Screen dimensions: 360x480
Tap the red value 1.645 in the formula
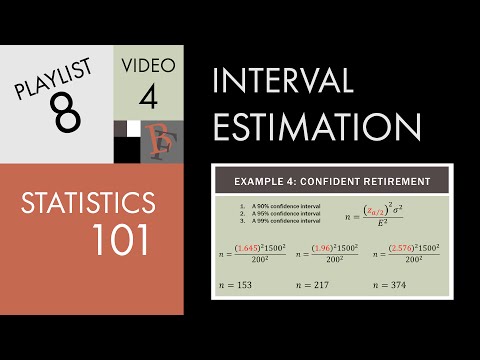247,247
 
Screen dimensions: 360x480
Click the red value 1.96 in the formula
322,247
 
